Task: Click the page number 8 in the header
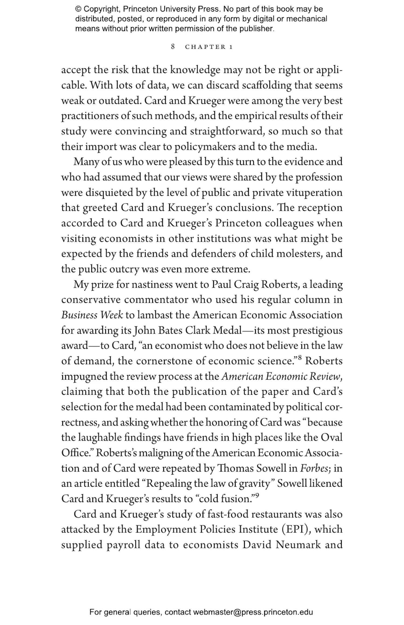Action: (x=173, y=47)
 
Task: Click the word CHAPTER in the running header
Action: (x=205, y=47)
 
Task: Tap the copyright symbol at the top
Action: (x=78, y=9)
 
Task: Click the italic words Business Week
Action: (x=92, y=315)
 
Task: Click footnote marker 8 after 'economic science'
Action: (x=299, y=358)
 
